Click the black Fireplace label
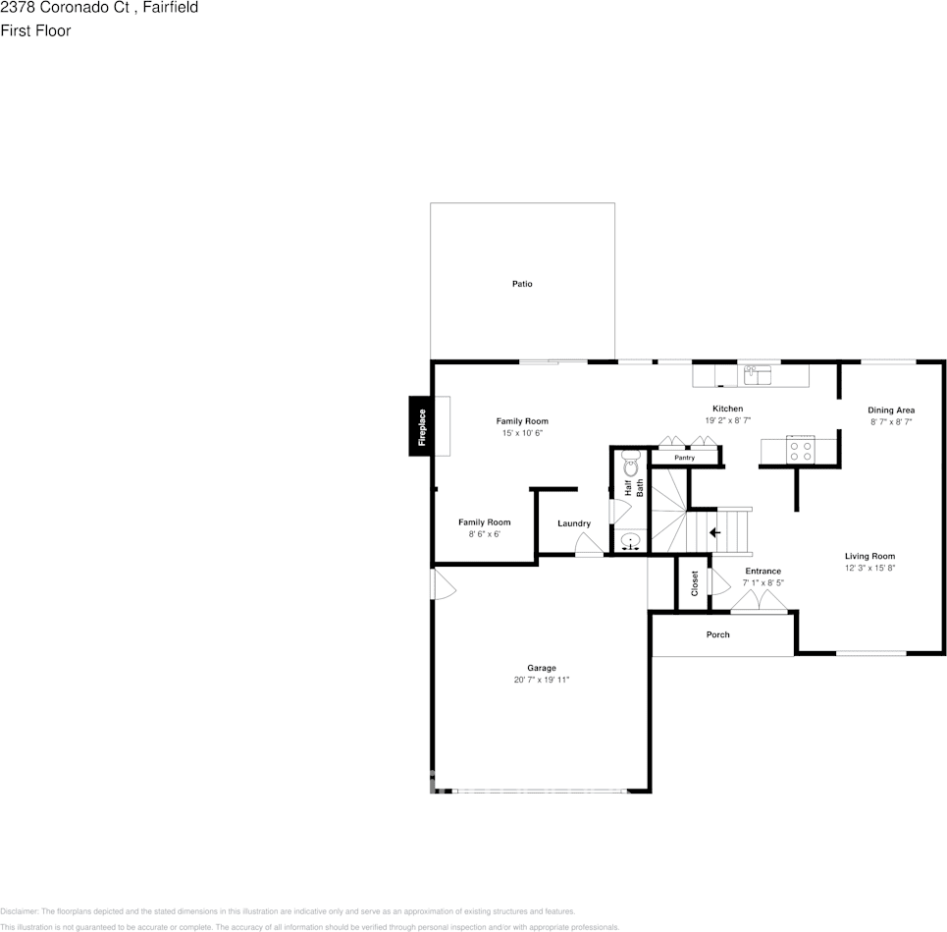pos(422,427)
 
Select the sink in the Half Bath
pos(631,540)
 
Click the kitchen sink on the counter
pos(757,373)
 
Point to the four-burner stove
pos(800,450)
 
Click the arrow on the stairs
pos(714,532)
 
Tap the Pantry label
pos(685,458)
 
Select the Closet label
pos(695,583)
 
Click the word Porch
pos(718,634)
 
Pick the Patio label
pos(522,284)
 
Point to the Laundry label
pos(573,523)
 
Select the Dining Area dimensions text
pos(891,421)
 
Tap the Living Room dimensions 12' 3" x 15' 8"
pos(869,568)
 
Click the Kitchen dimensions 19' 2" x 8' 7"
pos(727,420)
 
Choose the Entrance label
pos(763,571)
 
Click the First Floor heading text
pos(35,30)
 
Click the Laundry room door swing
pos(589,545)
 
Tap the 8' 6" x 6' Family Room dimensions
pos(484,534)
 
